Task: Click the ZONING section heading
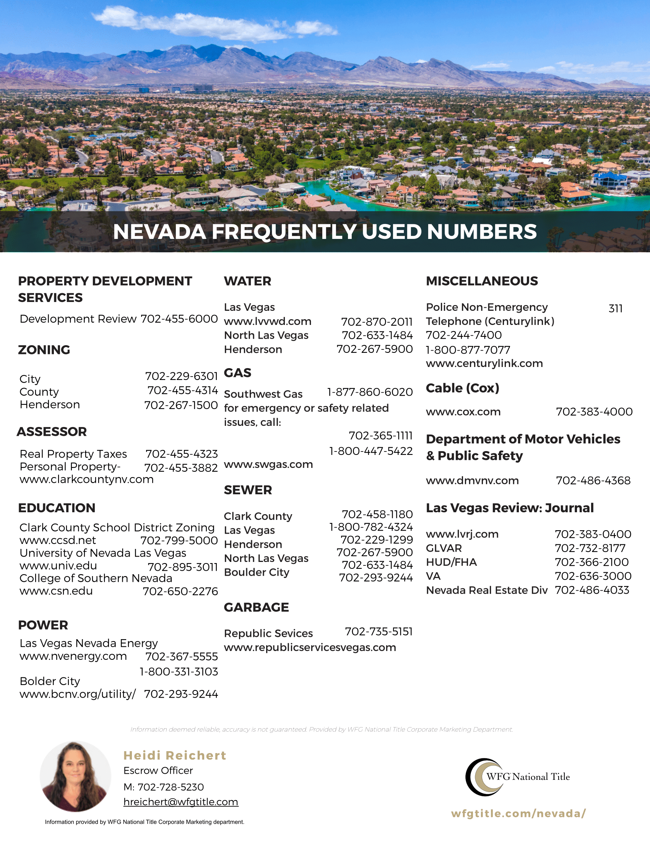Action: click(44, 350)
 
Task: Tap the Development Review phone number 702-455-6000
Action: click(179, 319)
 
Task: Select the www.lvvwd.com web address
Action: click(268, 321)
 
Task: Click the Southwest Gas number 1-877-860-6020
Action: click(370, 392)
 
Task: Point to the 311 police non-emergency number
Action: click(615, 308)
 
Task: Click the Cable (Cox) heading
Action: click(462, 388)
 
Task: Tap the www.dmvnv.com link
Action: click(472, 481)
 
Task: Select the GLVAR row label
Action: click(444, 548)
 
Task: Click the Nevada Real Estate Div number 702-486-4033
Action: click(592, 590)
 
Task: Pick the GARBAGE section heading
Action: click(256, 607)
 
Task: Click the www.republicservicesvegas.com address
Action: click(310, 647)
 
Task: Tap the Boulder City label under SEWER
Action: click(257, 572)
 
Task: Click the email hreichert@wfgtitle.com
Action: click(180, 802)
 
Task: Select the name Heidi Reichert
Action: click(175, 755)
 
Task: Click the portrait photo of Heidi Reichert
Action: click(75, 776)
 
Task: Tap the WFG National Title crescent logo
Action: click(484, 777)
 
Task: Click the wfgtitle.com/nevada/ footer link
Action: click(518, 813)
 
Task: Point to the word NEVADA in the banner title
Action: click(159, 232)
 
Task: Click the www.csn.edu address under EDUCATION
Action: click(56, 591)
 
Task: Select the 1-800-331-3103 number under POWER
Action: click(179, 672)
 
